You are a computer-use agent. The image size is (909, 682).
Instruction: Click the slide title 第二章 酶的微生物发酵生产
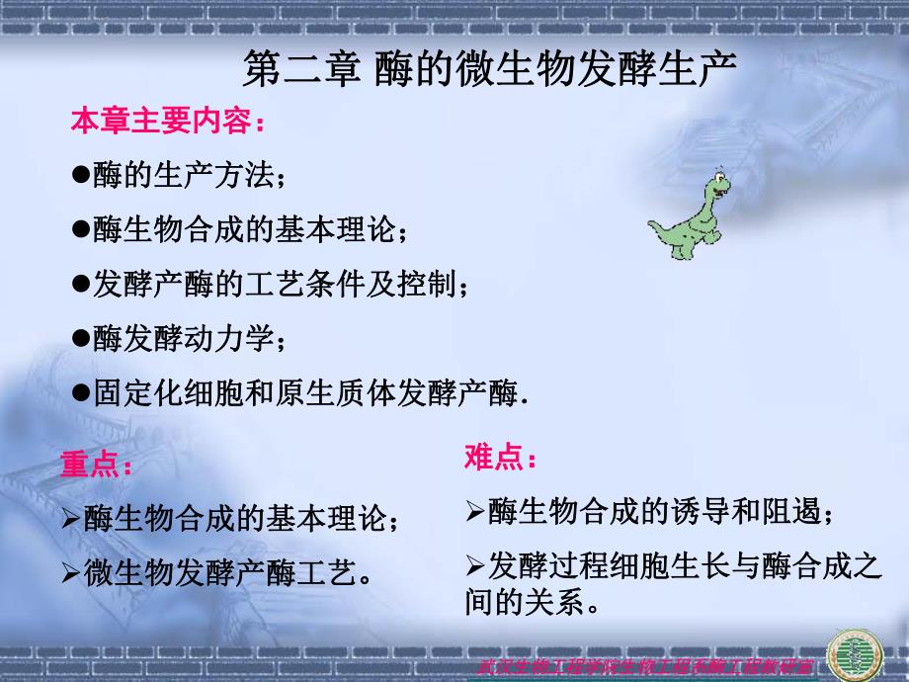(490, 70)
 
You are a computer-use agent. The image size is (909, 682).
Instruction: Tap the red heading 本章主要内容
(167, 124)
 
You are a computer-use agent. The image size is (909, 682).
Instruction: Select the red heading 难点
(501, 459)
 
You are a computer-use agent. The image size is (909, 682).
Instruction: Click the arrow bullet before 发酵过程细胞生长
(473, 565)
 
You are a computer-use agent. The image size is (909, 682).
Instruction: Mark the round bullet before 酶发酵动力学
(81, 338)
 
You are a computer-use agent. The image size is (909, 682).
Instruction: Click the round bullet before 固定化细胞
(81, 392)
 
